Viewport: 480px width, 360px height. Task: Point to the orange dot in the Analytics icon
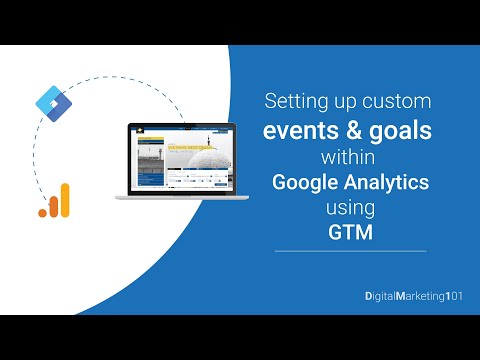tap(43, 211)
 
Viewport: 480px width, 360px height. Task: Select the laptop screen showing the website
tap(175, 158)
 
